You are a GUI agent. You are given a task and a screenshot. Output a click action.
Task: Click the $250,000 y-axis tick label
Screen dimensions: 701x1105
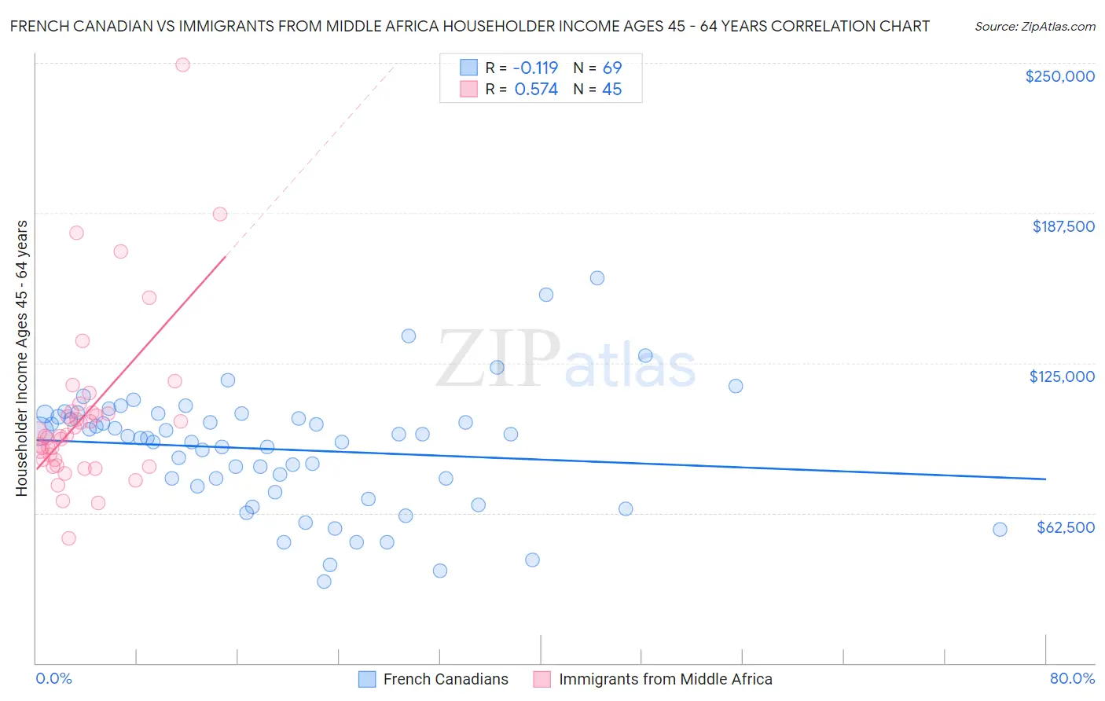pos(1059,76)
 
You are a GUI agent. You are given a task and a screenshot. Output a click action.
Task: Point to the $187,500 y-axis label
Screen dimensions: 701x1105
pos(1063,226)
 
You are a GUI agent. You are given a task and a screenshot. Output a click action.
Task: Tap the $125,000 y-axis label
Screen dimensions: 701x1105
pos(1062,376)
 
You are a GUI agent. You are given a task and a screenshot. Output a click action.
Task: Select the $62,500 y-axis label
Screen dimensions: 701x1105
pos(1065,527)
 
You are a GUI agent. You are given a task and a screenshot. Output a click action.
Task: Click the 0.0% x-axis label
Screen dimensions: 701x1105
pos(53,678)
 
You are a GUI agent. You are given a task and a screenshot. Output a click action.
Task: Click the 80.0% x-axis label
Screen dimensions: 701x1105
pos(1072,678)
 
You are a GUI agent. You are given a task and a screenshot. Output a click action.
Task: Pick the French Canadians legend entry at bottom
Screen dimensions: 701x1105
pos(445,679)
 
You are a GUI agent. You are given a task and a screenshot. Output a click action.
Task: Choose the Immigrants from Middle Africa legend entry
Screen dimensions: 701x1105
pos(665,679)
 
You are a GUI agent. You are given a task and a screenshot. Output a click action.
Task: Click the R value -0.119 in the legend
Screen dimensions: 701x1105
pos(535,68)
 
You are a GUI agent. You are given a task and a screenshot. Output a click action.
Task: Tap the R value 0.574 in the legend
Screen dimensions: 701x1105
pos(536,90)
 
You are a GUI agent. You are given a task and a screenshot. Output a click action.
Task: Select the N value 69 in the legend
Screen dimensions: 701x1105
pos(612,68)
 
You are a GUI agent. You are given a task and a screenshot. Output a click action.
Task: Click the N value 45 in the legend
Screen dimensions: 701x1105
pos(612,90)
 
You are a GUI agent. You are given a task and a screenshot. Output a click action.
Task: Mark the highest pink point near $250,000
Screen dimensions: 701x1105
pos(182,65)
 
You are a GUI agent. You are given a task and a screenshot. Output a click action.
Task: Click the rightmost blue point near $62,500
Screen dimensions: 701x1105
pos(1000,530)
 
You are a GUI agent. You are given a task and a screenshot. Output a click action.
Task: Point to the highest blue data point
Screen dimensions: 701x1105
pos(597,278)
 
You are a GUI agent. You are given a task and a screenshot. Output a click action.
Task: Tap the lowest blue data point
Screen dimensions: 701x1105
pos(324,582)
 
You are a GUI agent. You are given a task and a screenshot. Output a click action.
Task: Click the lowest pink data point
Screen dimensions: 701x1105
pos(68,538)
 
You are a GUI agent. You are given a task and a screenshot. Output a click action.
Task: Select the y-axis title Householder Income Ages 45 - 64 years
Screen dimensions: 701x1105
pos(22,358)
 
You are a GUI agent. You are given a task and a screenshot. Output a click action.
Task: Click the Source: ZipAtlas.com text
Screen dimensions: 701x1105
pos(1034,27)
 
